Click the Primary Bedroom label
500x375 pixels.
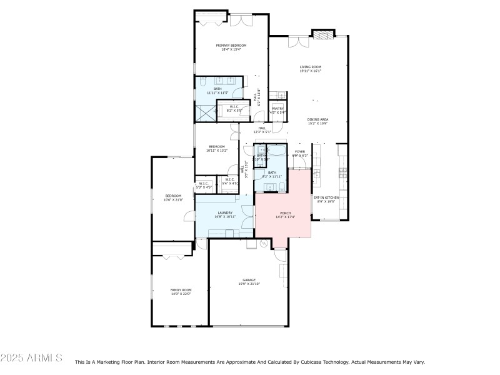[231, 46]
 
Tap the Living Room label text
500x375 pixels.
[310, 67]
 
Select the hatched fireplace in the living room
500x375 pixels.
[324, 35]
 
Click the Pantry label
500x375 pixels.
[278, 109]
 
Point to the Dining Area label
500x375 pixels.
[317, 119]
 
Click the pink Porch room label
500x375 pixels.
[284, 214]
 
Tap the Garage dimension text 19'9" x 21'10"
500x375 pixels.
[249, 284]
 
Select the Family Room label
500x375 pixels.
[181, 290]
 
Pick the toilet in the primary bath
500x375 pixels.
[203, 82]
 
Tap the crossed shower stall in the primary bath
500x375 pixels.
[204, 113]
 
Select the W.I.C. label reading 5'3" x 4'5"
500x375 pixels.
[204, 183]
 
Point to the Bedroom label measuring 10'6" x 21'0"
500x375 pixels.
[173, 196]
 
